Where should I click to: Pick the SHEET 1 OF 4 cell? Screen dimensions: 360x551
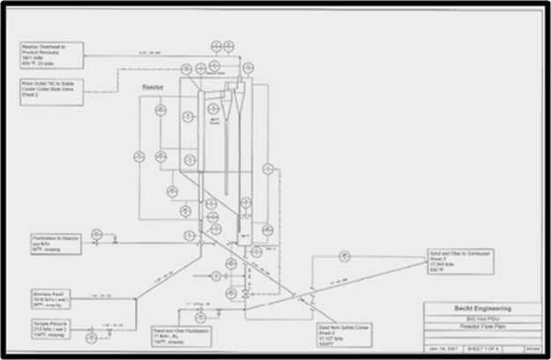click(483, 349)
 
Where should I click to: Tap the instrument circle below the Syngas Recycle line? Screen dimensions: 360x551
click(91, 338)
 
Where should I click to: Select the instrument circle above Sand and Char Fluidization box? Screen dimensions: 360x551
click(201, 315)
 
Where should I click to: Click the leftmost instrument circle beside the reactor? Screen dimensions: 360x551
click(138, 156)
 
